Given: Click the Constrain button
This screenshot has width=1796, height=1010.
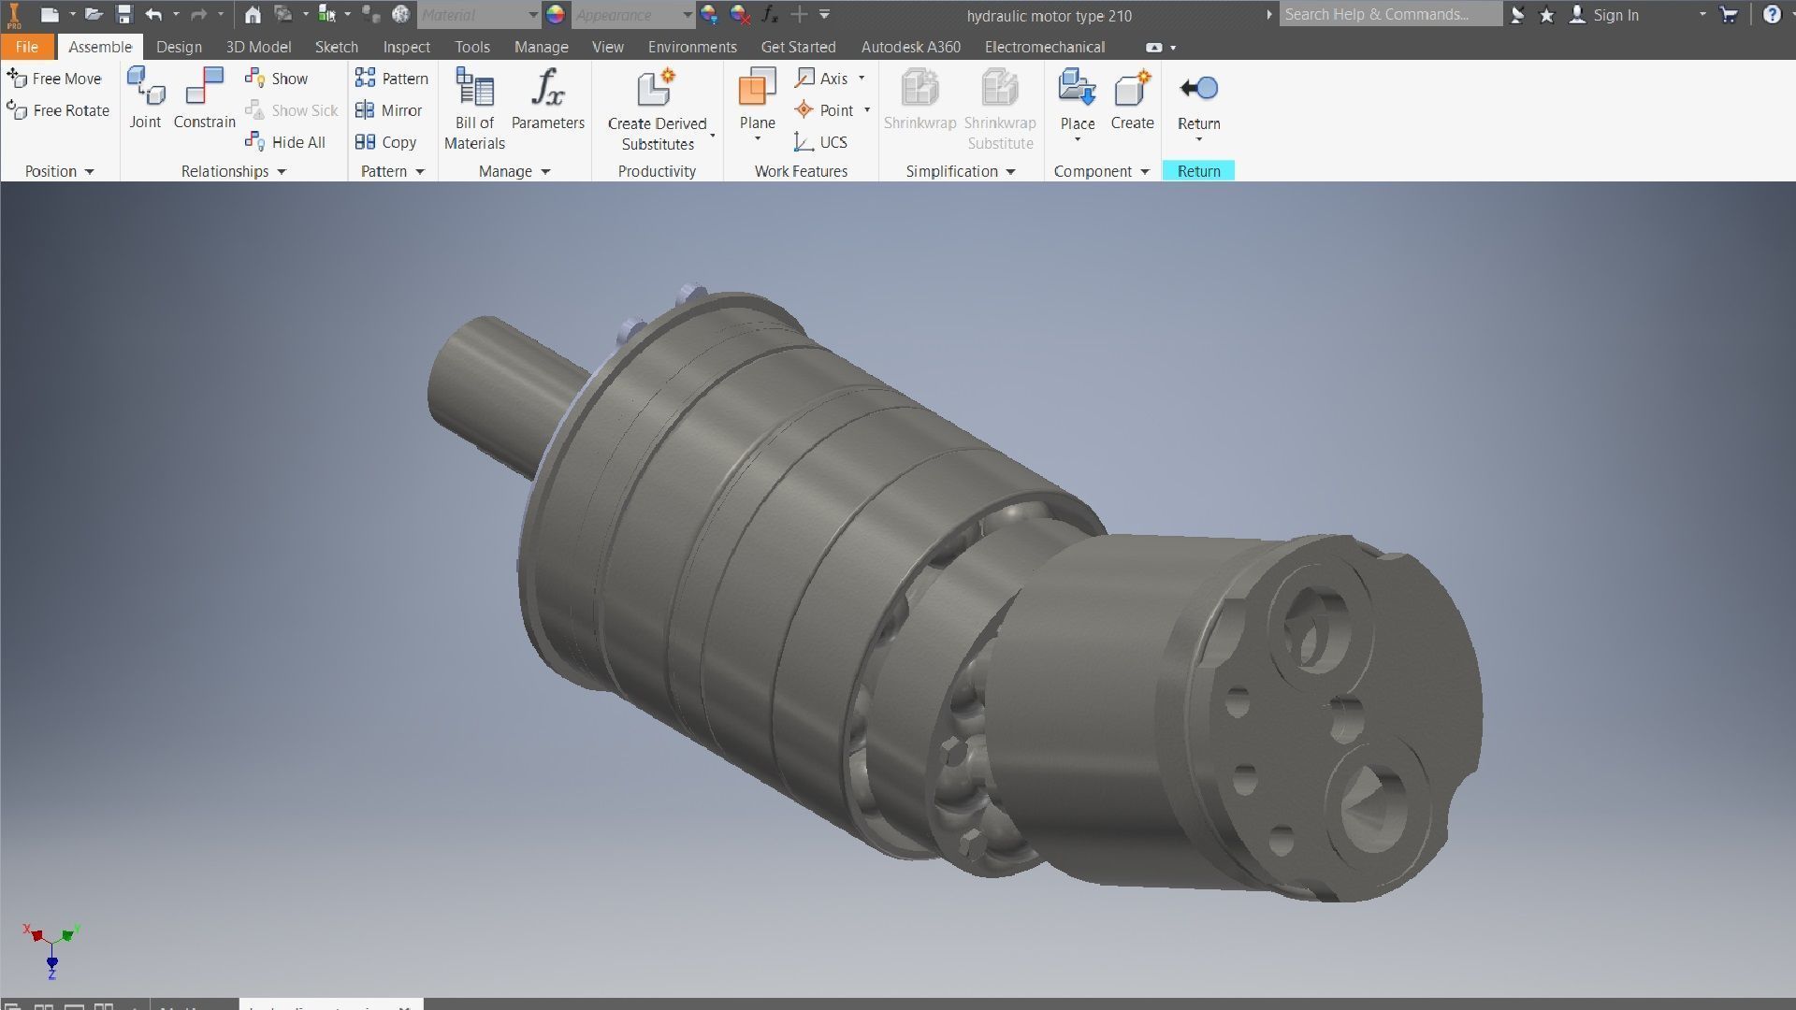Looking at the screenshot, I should [204, 99].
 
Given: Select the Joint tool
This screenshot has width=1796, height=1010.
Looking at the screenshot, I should [145, 99].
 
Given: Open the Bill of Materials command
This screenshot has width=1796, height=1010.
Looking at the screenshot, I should [474, 108].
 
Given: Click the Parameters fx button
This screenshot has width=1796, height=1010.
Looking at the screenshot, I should [547, 99].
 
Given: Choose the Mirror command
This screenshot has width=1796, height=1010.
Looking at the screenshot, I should [389, 110].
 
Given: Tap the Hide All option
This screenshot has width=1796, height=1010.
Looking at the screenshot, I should [285, 142].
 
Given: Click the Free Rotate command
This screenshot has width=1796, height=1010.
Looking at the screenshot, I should [58, 110].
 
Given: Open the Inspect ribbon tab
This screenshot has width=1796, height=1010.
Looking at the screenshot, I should [406, 47].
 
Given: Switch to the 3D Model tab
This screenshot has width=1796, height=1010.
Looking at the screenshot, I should [258, 47].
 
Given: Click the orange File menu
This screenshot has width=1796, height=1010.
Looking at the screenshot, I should [26, 47].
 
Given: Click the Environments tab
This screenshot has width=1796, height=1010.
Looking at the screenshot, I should [692, 47].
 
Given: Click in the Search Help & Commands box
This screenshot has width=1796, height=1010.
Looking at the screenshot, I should [1389, 15].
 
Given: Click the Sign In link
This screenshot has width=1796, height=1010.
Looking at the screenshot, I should [1615, 15].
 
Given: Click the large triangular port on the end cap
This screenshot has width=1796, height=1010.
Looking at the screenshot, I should [1373, 806].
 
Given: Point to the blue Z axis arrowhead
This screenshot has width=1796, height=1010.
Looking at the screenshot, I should [52, 962].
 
